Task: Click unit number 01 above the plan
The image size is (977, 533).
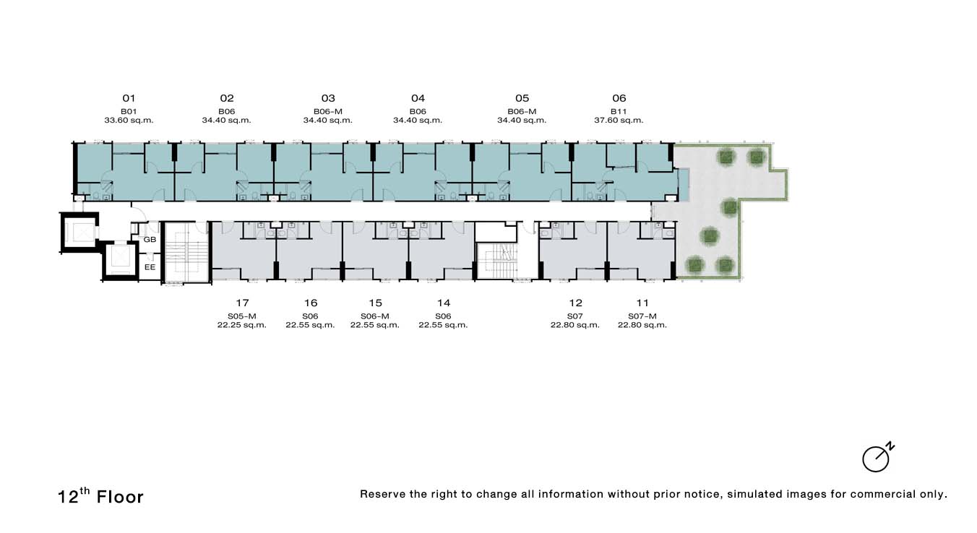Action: click(129, 98)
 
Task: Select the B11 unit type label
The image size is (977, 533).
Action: click(619, 111)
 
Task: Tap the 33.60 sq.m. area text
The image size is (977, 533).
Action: click(129, 121)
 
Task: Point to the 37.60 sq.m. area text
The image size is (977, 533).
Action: click(619, 121)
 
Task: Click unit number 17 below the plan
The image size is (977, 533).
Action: click(242, 303)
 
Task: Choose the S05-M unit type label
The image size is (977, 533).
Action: click(241, 316)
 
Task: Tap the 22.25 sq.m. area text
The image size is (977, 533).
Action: click(241, 325)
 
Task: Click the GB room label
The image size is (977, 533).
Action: click(150, 240)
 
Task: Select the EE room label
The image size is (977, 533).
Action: click(150, 267)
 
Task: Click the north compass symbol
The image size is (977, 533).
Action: click(877, 458)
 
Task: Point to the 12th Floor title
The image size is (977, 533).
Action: click(100, 496)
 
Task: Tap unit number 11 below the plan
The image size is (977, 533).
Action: click(642, 303)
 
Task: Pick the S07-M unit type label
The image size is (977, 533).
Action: click(642, 316)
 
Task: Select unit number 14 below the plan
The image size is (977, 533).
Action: click(444, 303)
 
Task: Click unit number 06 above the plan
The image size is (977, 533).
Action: click(619, 98)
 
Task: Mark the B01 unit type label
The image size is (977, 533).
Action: click(129, 111)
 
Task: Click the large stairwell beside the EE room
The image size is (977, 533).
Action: click(186, 253)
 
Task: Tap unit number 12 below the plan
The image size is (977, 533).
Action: click(575, 303)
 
